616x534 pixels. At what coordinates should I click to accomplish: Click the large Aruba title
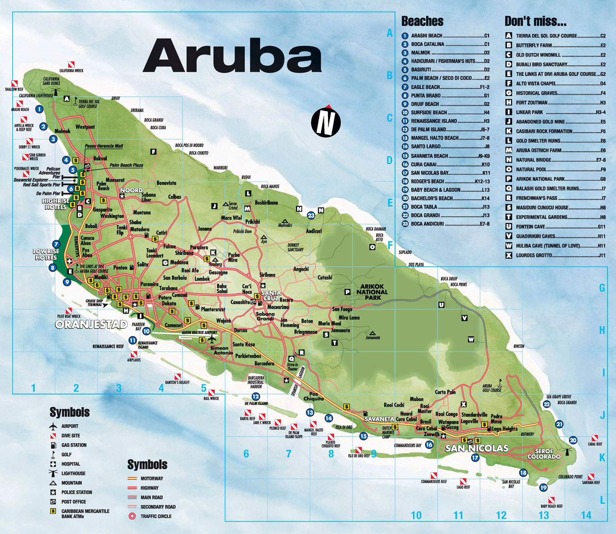click(232, 56)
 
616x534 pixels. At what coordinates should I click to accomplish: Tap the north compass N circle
click(326, 122)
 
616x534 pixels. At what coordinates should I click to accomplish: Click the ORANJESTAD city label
click(92, 325)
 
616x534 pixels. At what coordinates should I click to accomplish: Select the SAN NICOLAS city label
click(477, 448)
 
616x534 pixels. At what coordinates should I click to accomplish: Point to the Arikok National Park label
click(372, 292)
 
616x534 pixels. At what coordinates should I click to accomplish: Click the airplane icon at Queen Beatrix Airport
click(212, 339)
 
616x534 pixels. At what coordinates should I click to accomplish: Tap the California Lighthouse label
click(36, 95)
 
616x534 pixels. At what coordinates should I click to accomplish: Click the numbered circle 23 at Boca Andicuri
click(311, 216)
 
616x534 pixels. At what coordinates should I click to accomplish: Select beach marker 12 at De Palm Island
click(256, 397)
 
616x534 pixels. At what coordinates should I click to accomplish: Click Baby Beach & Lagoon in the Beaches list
click(435, 190)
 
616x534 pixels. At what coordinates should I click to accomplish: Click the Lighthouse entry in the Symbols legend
click(73, 473)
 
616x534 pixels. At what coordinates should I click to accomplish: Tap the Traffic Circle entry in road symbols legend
click(156, 516)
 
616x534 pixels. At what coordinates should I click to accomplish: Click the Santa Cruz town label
click(271, 295)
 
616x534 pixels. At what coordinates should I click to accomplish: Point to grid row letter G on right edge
click(602, 288)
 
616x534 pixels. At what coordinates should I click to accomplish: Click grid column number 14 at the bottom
click(586, 515)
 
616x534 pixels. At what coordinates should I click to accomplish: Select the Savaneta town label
click(379, 419)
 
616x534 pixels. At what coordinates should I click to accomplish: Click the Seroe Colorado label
click(544, 454)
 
